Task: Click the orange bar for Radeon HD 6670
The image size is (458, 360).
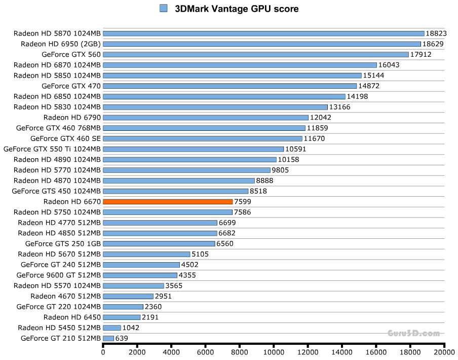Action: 168,202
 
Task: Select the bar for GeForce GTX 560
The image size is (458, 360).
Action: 255,54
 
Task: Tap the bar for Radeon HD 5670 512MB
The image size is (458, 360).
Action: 146,254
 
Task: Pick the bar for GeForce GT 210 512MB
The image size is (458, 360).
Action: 108,338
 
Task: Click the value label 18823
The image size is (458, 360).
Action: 436,33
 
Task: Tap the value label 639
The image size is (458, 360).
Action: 122,338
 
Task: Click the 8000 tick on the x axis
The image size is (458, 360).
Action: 240,351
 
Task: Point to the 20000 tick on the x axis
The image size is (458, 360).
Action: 444,351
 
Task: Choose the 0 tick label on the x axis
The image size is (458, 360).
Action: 103,351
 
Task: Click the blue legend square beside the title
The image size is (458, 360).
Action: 163,8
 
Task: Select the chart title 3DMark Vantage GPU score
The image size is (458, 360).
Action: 237,9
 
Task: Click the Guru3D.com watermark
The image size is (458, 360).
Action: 413,333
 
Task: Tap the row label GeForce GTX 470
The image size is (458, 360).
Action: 71,86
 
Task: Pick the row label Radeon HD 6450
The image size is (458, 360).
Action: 72,317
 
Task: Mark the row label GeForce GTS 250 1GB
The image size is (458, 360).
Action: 63,244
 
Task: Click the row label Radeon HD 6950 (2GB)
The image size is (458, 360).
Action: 61,44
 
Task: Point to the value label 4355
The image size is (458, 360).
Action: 187,275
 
